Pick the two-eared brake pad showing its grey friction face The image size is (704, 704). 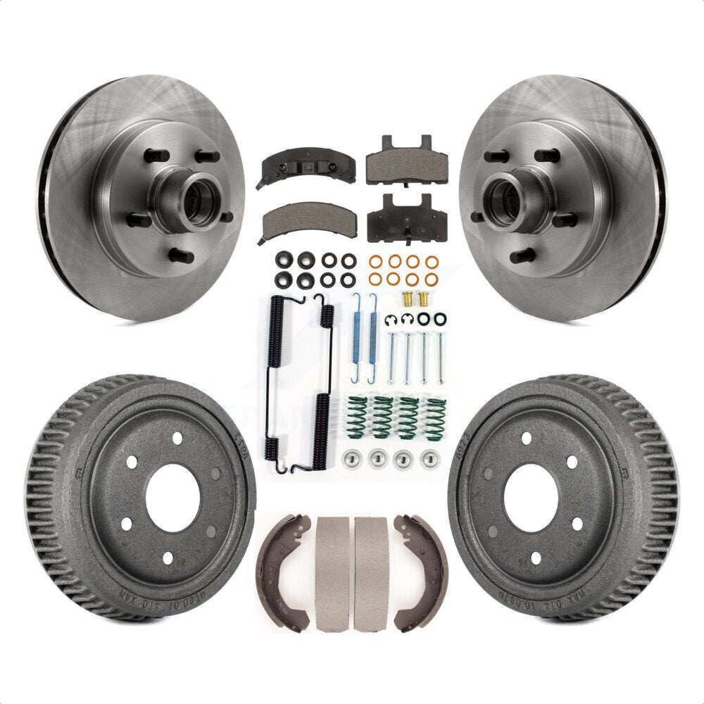(407, 164)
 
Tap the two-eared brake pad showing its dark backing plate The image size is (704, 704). (408, 220)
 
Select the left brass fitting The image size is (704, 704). (407, 298)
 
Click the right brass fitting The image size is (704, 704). (424, 298)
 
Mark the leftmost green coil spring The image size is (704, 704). (358, 417)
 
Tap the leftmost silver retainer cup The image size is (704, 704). (350, 460)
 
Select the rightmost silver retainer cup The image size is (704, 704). (429, 459)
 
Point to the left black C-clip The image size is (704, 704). (391, 320)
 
